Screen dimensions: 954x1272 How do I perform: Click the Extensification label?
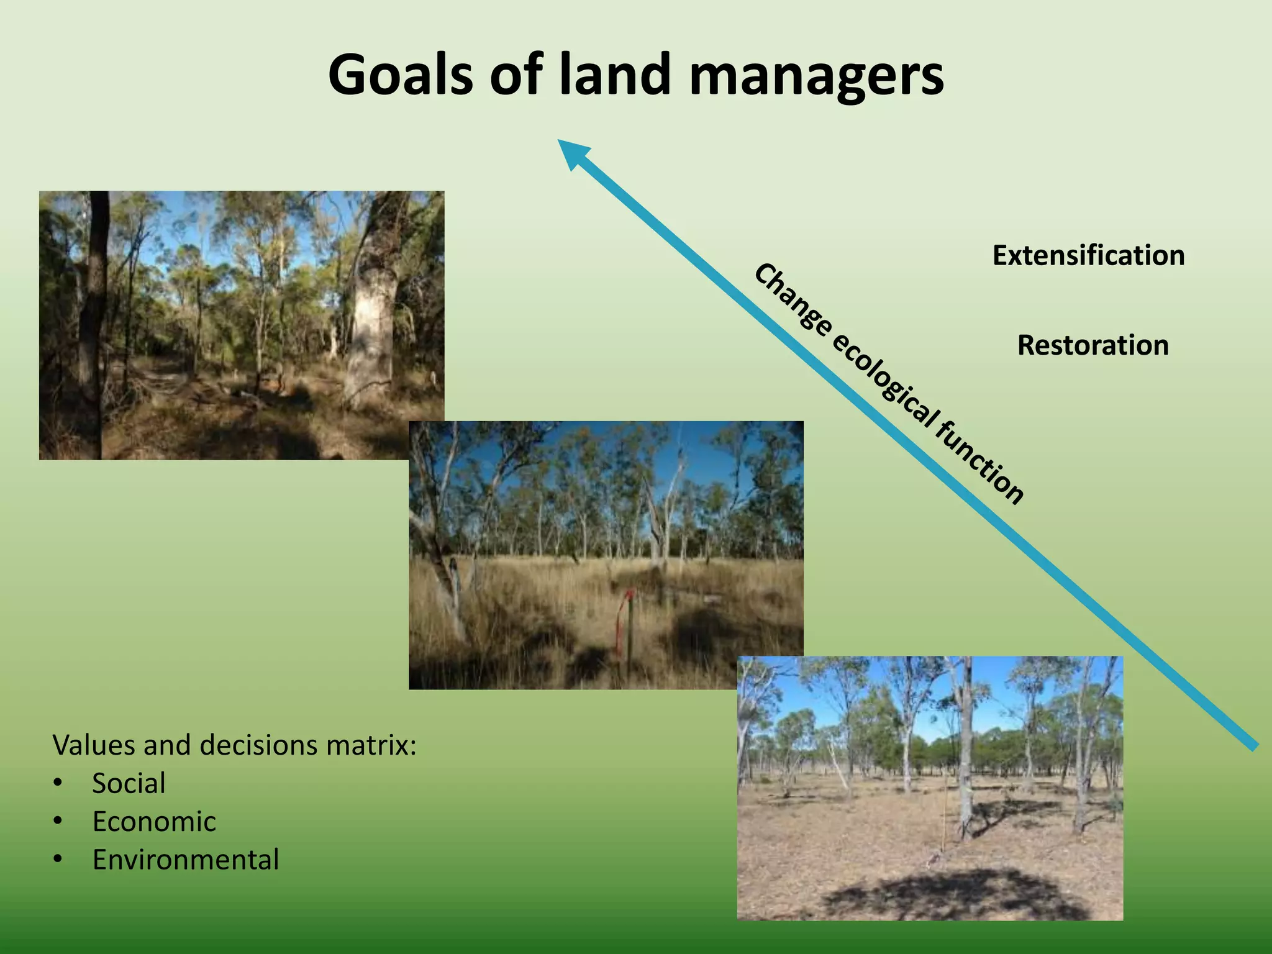click(x=1088, y=255)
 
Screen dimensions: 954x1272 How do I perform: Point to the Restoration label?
click(x=1093, y=345)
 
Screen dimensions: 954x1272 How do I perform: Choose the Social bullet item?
click(x=129, y=783)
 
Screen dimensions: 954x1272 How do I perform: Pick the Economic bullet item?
click(x=154, y=822)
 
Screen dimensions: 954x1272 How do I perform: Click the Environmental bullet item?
click(x=186, y=860)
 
